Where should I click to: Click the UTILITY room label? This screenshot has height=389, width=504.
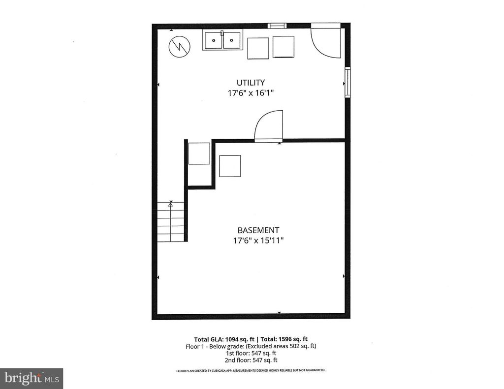[251, 83]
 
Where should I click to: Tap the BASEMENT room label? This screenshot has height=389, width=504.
[258, 230]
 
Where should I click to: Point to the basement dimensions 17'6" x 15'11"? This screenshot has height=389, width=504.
[258, 240]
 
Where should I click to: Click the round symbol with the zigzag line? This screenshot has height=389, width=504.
[179, 47]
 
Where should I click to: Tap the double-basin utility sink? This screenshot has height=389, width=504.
[222, 40]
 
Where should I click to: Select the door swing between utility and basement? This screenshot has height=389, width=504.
[270, 126]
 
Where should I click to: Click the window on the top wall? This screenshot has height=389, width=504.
[277, 26]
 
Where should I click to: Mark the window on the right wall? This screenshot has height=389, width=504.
[347, 82]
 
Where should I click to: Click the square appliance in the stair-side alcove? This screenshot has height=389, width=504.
[199, 153]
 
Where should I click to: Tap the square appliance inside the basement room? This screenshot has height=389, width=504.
[230, 166]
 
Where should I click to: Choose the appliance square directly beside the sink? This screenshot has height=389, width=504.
[258, 48]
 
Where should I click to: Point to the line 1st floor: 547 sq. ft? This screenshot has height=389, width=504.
[251, 353]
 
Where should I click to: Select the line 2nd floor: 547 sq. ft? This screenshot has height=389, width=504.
[251, 359]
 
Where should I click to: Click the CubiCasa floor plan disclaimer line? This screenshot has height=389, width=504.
[251, 370]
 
